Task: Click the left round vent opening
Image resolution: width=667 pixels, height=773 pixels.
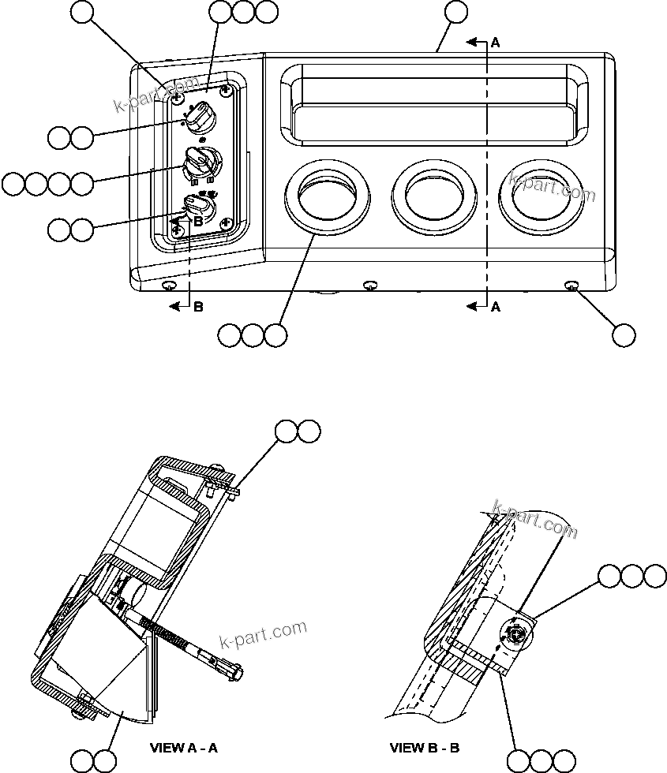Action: click(326, 195)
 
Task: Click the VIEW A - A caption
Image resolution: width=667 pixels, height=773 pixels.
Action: click(183, 748)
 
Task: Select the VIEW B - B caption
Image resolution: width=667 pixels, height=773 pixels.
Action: click(425, 748)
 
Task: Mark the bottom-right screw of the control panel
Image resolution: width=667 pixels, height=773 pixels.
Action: click(226, 223)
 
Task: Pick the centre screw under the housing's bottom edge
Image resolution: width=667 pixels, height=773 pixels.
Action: click(369, 284)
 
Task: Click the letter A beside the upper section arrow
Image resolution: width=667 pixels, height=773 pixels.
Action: click(495, 44)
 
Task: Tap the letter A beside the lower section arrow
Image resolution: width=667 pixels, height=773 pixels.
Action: click(495, 308)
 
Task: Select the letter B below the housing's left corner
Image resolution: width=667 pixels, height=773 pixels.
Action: click(198, 308)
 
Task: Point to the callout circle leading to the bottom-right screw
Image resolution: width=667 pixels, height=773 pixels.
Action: click(623, 334)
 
